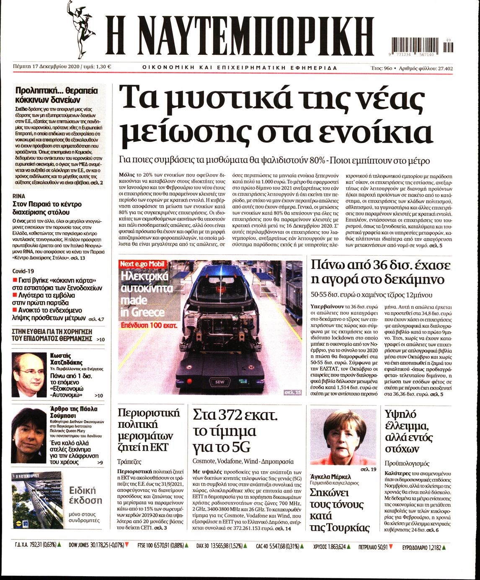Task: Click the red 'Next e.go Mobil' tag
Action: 143,264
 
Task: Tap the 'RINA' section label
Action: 19,196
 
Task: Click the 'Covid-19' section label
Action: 23,271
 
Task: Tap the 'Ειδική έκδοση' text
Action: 85,495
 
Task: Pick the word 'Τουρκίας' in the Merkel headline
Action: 340,528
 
